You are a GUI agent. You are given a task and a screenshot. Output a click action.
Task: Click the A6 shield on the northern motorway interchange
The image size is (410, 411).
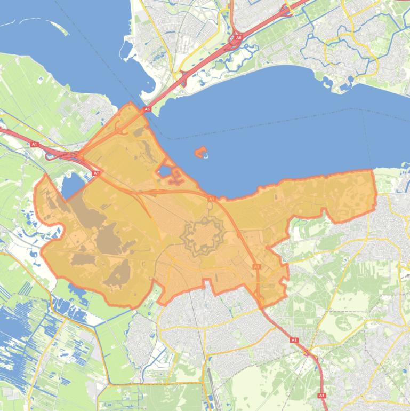[x=238, y=38]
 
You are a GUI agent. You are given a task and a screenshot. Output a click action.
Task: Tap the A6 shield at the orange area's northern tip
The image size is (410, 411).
[x=147, y=109]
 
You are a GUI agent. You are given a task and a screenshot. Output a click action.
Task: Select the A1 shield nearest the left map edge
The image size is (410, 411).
[x=35, y=144]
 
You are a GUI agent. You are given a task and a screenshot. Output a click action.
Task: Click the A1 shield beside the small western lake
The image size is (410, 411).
[x=96, y=173]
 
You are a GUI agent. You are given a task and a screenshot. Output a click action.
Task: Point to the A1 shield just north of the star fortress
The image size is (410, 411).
[x=211, y=199]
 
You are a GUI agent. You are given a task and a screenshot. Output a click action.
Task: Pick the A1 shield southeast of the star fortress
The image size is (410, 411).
[x=256, y=266]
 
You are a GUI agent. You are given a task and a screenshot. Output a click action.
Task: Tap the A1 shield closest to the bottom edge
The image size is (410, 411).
[x=321, y=395]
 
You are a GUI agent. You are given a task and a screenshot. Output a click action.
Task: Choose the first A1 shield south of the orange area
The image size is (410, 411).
[x=293, y=339]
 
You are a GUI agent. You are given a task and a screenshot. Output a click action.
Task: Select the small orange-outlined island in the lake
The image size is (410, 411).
[x=201, y=153]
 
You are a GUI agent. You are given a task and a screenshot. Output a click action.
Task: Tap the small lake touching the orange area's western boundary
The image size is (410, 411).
[x=72, y=185]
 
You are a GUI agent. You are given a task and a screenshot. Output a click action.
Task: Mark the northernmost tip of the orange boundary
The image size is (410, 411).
[x=130, y=104]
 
